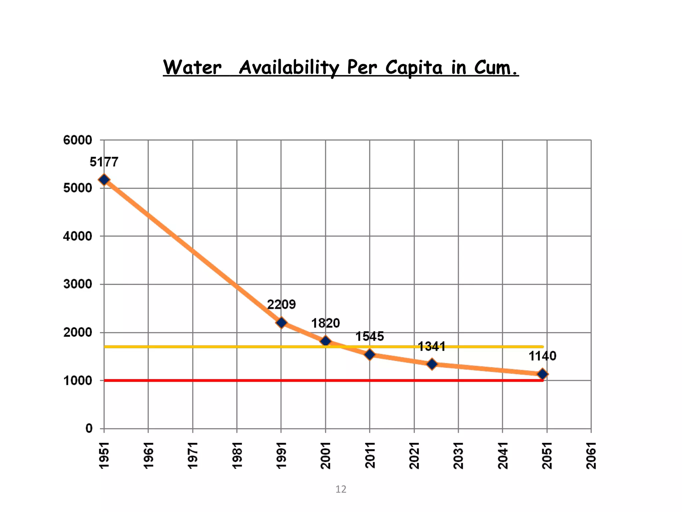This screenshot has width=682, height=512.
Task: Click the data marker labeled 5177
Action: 104,180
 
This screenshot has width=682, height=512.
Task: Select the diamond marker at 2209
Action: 281,323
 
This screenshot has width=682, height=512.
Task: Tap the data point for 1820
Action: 326,341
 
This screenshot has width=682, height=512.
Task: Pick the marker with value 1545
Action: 370,355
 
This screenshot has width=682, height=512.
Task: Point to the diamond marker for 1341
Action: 432,364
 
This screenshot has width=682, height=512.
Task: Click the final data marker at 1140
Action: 542,374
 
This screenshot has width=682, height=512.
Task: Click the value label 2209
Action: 281,304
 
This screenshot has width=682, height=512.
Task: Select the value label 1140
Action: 542,356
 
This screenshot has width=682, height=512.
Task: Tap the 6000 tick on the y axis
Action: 78,140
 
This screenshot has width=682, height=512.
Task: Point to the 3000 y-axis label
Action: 78,284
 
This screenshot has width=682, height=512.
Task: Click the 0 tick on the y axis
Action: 89,428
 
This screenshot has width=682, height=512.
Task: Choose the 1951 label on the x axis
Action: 104,455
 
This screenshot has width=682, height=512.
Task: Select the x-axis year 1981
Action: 237,455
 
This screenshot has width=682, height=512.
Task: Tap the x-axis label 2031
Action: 458,455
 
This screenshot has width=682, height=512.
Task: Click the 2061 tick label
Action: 591,455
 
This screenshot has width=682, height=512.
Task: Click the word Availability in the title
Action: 288,67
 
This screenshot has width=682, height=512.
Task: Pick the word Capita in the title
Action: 414,67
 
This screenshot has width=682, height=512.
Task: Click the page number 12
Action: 341,489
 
